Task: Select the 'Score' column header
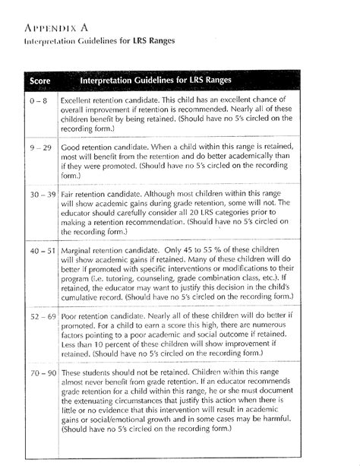(39, 81)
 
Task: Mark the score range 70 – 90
(39, 373)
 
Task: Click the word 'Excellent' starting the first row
(78, 100)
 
